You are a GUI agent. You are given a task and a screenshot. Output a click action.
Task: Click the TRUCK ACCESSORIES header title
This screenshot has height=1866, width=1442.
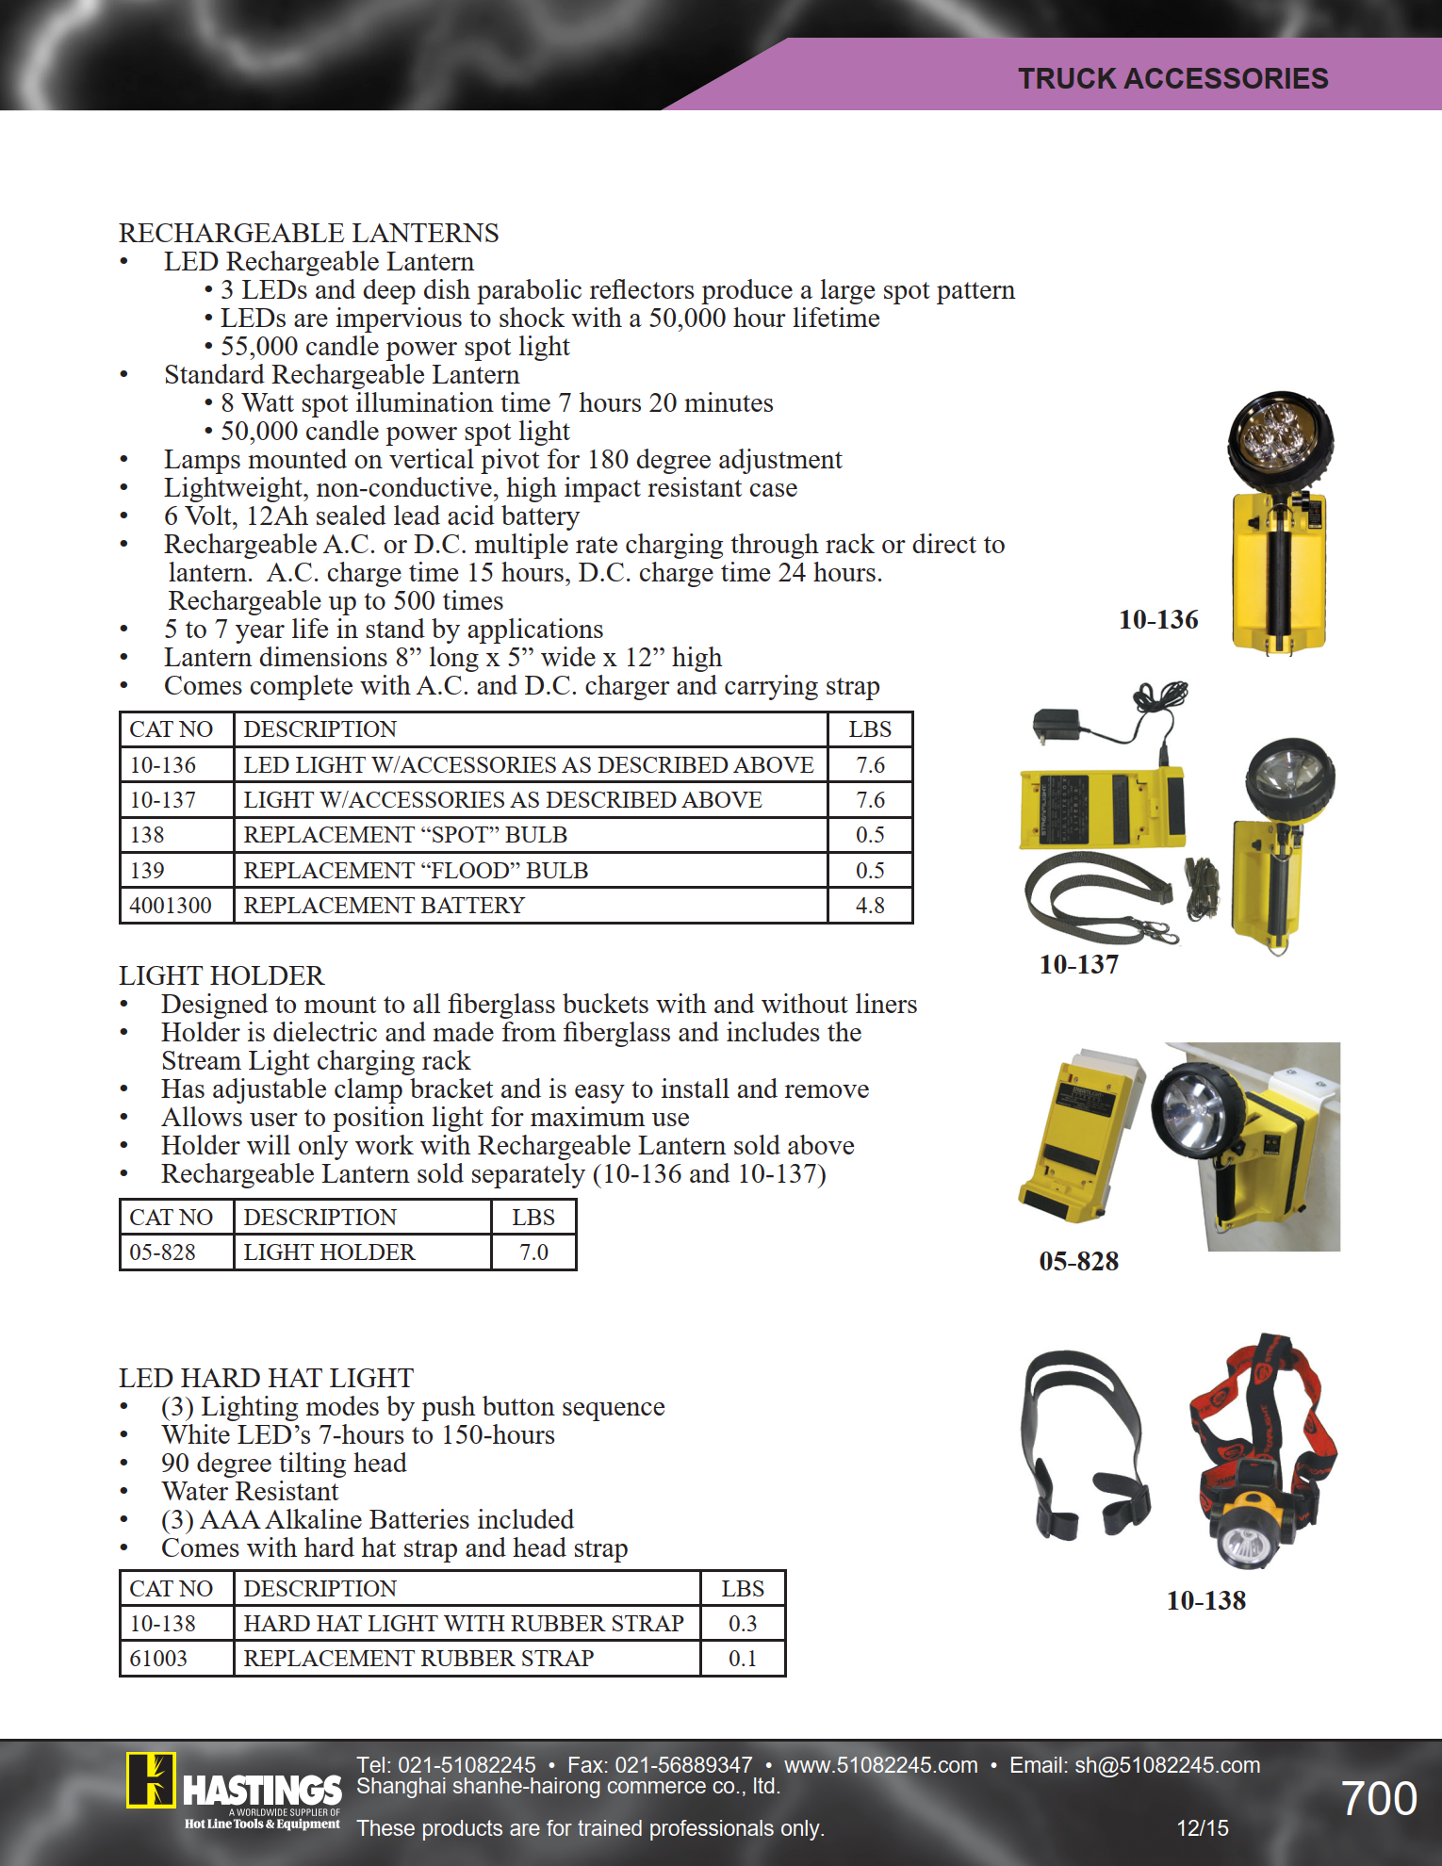[x=1172, y=78]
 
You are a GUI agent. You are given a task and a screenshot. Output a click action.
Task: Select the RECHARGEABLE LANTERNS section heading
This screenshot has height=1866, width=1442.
[x=308, y=233]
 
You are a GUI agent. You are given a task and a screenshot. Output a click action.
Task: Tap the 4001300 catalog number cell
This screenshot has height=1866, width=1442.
[x=171, y=906]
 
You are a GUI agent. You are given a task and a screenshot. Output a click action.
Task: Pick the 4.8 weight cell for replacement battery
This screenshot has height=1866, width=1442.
[x=869, y=906]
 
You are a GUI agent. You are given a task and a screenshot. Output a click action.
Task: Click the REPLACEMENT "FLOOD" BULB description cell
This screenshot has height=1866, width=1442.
[x=416, y=870]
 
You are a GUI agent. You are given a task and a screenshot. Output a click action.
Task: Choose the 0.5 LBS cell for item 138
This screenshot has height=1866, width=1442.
[x=869, y=835]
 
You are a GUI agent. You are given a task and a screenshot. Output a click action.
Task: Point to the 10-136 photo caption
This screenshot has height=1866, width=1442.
[x=1158, y=619]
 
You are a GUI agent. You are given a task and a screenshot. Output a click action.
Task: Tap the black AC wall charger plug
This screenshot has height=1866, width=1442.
[x=1054, y=727]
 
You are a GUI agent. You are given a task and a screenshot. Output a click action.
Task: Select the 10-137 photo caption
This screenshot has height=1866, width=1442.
[x=1078, y=964]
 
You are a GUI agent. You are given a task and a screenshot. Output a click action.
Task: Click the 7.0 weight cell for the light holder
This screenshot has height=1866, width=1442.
[x=533, y=1252]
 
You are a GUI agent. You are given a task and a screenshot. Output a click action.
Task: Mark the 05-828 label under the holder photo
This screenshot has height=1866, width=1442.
[x=1078, y=1261]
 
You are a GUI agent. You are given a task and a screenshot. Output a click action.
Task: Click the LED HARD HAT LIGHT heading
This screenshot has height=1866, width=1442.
[x=266, y=1378]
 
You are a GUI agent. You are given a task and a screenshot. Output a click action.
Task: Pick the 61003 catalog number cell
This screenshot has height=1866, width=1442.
[x=158, y=1659]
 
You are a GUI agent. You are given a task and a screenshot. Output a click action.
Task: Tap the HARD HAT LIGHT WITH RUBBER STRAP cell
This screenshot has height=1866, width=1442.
[x=464, y=1624]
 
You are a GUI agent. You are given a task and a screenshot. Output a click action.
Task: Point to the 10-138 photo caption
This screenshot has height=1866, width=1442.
[x=1205, y=1600]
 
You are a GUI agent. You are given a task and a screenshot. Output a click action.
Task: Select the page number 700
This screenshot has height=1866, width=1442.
[x=1378, y=1798]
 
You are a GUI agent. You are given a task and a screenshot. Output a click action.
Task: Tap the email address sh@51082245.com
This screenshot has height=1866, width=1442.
[x=1167, y=1765]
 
